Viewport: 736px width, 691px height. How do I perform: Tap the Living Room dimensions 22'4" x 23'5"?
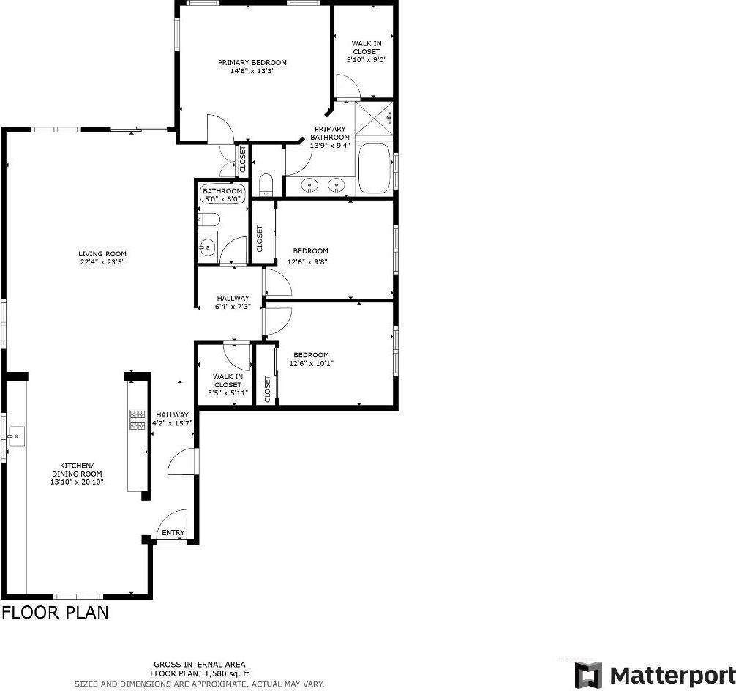(x=102, y=262)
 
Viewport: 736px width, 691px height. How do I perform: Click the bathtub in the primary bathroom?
(x=374, y=168)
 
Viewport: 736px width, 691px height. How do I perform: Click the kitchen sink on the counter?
(x=16, y=436)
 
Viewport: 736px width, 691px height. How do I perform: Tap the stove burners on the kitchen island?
(x=138, y=420)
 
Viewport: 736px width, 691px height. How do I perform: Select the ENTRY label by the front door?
(x=173, y=533)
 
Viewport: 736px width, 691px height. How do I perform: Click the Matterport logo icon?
(x=589, y=675)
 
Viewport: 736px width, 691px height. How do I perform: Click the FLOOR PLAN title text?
(x=56, y=613)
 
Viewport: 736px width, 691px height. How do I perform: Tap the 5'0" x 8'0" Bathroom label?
(x=222, y=195)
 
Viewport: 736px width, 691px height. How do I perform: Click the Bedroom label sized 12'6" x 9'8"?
(x=309, y=256)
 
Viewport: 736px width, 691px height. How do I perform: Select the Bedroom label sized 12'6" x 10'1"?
(x=311, y=359)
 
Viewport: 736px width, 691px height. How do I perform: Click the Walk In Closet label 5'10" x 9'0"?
(x=367, y=52)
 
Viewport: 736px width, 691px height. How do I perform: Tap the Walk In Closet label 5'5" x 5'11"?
(x=228, y=385)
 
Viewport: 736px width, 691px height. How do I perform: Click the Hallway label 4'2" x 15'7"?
(x=172, y=419)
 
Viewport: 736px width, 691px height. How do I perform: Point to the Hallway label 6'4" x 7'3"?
(x=233, y=302)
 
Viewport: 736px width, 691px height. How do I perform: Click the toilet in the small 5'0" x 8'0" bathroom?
(x=209, y=220)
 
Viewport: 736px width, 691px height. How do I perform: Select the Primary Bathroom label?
(x=330, y=137)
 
